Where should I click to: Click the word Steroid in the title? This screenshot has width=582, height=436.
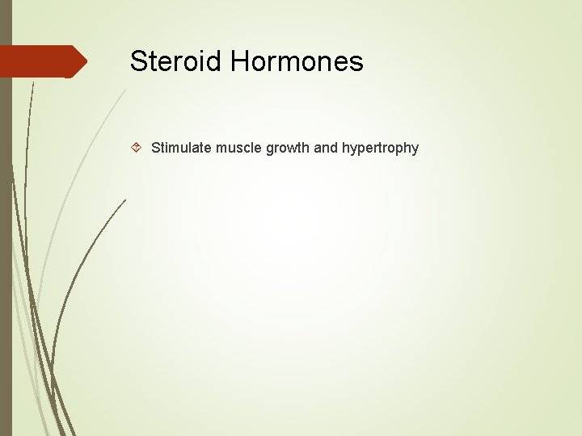[x=176, y=61]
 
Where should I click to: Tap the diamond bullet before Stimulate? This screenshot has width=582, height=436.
[x=137, y=148]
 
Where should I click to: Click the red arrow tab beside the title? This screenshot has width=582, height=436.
[x=40, y=61]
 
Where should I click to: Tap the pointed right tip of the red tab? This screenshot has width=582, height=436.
[x=85, y=61]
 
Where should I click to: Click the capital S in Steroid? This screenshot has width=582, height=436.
[x=138, y=61]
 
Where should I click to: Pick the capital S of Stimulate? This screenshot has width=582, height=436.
[x=155, y=148]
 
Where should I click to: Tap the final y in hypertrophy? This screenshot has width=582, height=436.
[x=415, y=149]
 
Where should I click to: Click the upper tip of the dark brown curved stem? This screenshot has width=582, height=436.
[x=125, y=199]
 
